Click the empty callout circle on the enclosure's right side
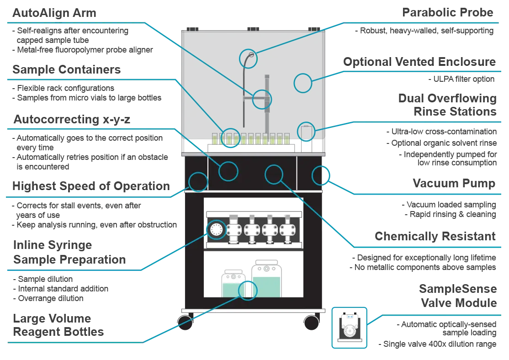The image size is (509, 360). tap(302, 83)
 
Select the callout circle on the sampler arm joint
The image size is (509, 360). tap(262, 98)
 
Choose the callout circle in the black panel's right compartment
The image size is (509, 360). tap(321, 175)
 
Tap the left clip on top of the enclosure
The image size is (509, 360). tap(193, 29)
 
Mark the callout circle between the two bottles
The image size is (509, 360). tap(248, 290)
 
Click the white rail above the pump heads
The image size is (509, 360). tap(254, 213)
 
